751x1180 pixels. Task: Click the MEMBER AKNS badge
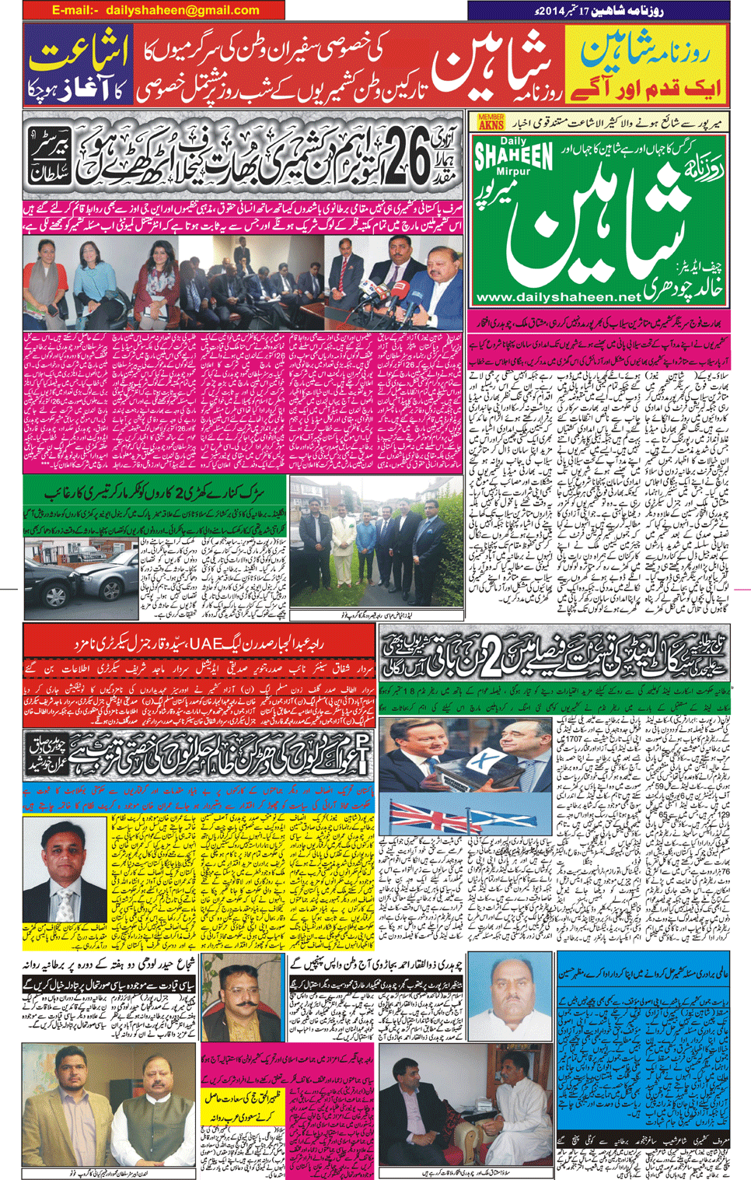tap(491, 121)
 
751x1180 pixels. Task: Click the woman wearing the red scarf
tap(43, 276)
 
